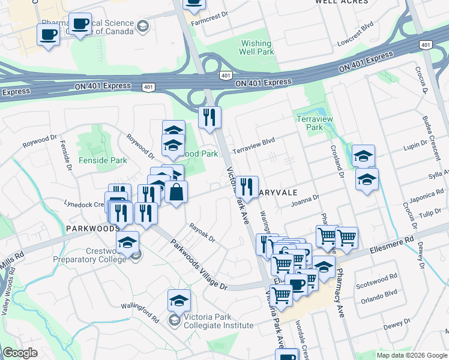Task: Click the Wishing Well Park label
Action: coord(257,47)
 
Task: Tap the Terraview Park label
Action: coord(310,124)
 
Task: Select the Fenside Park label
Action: coord(103,160)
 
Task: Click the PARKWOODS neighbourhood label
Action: coord(93,229)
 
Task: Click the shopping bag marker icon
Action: coord(176,192)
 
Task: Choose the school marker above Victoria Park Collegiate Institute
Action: coord(179,301)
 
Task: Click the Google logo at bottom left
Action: coord(20,353)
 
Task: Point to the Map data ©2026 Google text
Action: coord(411,355)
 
